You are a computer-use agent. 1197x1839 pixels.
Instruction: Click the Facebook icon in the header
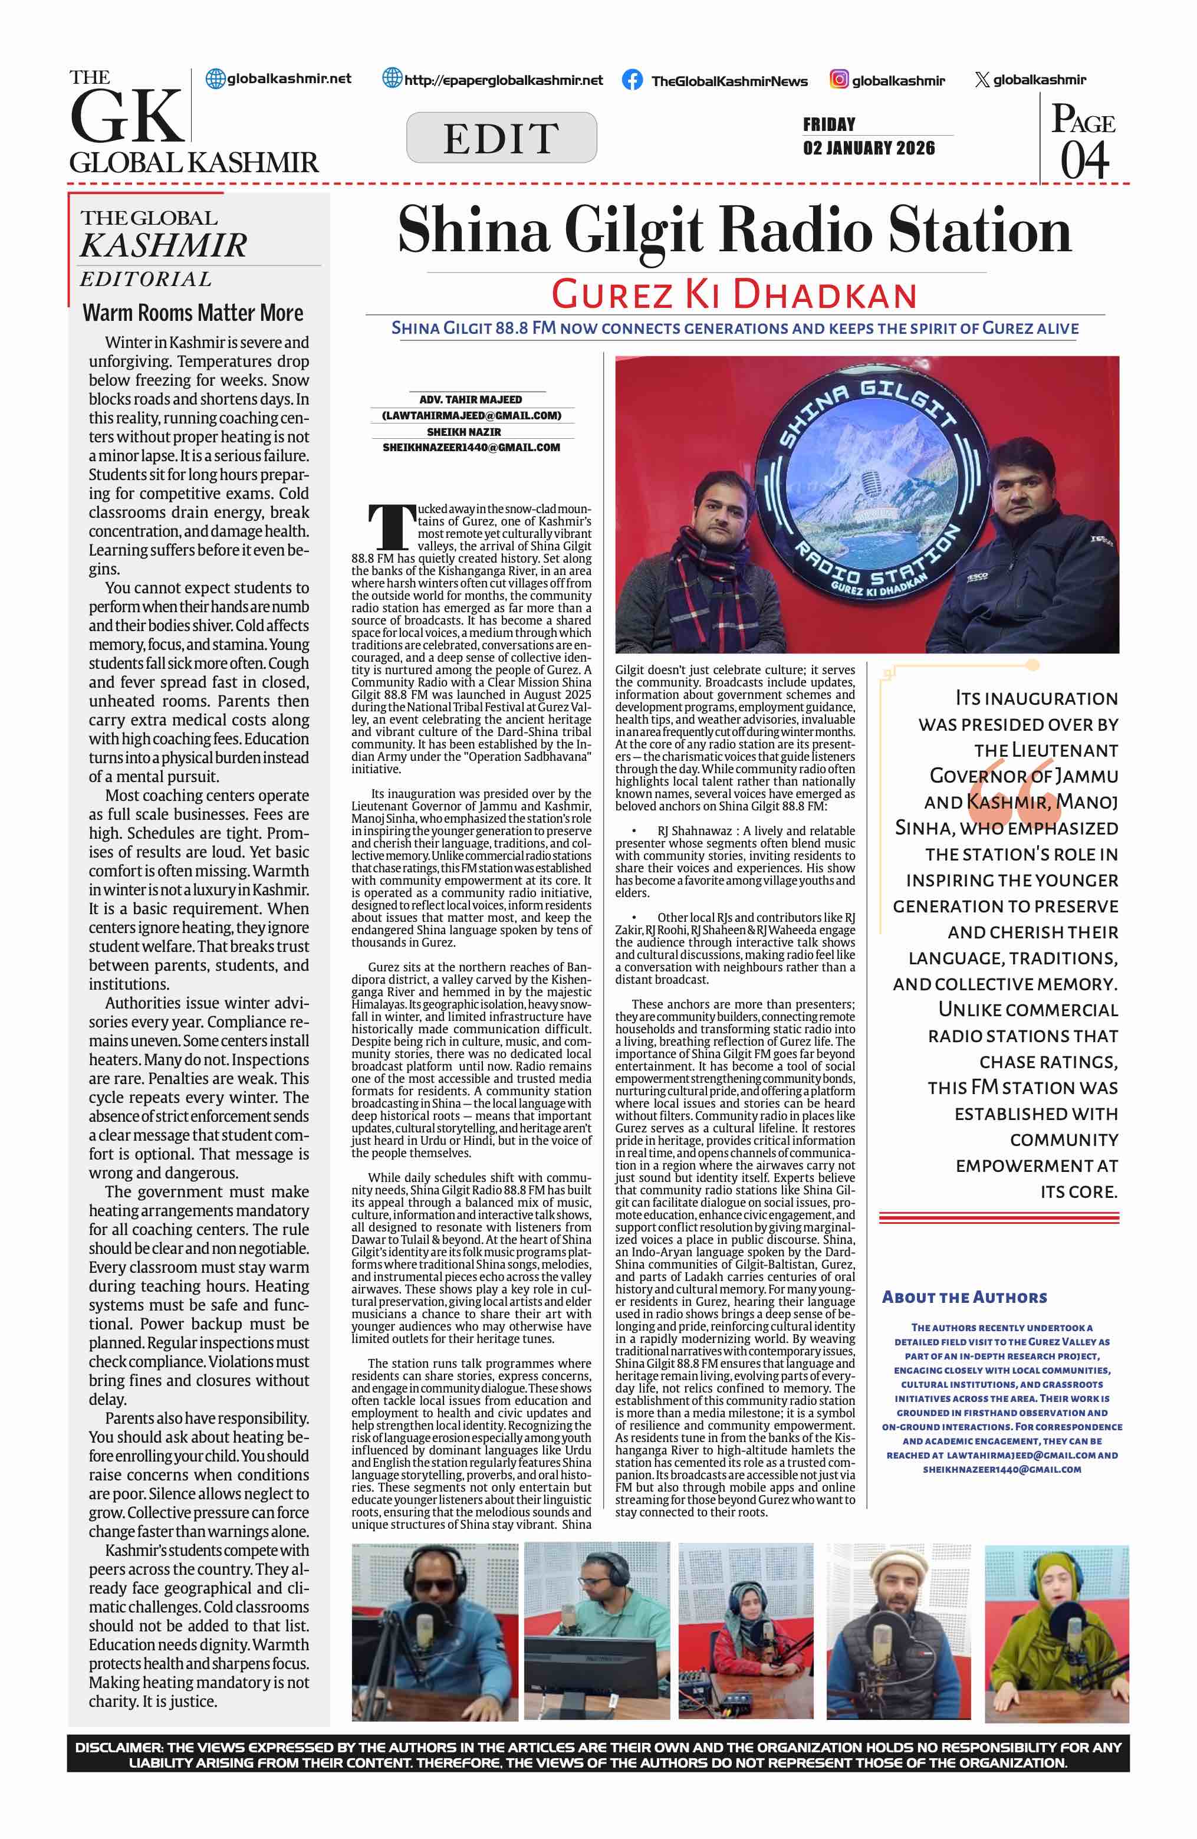tap(632, 80)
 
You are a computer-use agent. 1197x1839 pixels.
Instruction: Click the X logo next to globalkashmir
tap(982, 80)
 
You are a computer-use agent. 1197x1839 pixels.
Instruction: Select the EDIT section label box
tap(501, 137)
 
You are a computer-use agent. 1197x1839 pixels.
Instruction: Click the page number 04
tap(1084, 160)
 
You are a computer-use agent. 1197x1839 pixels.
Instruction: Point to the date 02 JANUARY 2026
tap(869, 147)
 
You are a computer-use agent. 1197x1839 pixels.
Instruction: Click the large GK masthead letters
tap(127, 117)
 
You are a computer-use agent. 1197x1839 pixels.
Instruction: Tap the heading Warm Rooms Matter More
tap(193, 313)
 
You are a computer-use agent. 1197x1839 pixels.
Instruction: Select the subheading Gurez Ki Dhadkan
tap(734, 294)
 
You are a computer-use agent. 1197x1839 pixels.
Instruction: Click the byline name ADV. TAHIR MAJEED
tap(471, 399)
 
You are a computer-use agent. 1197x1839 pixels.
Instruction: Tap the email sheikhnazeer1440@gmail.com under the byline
tap(471, 448)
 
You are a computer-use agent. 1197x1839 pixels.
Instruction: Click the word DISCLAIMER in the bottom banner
tap(117, 1747)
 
